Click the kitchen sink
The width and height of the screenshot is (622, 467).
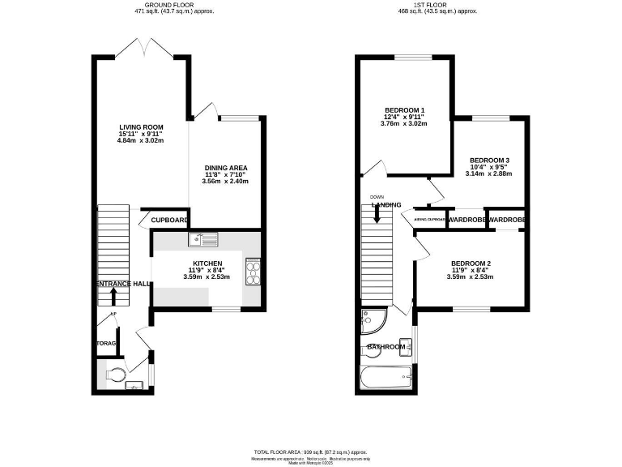[x=203, y=239]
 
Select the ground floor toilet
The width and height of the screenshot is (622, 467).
[x=116, y=375]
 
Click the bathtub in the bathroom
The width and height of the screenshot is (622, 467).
[x=386, y=377]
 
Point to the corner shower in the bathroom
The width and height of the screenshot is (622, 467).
[x=373, y=322]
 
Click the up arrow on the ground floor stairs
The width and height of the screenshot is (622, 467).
[x=112, y=296]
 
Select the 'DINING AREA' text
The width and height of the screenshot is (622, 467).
[x=226, y=167]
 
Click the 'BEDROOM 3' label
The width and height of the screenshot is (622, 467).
[x=489, y=160]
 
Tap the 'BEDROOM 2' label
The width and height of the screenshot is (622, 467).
[x=471, y=264]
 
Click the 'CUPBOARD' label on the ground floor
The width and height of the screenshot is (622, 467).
[x=170, y=220]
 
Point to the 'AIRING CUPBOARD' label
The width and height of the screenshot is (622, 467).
[x=430, y=220]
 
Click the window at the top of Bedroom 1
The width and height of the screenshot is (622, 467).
[x=413, y=57]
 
